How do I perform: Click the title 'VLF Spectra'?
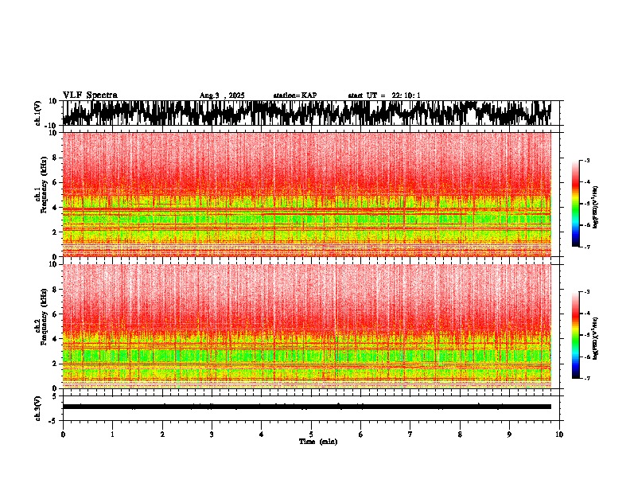90,95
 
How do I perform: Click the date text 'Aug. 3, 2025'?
222,95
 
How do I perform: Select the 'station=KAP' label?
294,95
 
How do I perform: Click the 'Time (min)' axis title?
317,441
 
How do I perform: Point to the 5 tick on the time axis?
311,434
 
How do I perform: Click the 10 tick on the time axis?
559,434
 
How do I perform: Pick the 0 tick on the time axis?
63,434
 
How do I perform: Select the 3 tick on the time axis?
212,434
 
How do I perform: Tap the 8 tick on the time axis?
460,434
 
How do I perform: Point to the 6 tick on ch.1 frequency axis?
54,183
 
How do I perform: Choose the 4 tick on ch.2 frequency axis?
54,339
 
